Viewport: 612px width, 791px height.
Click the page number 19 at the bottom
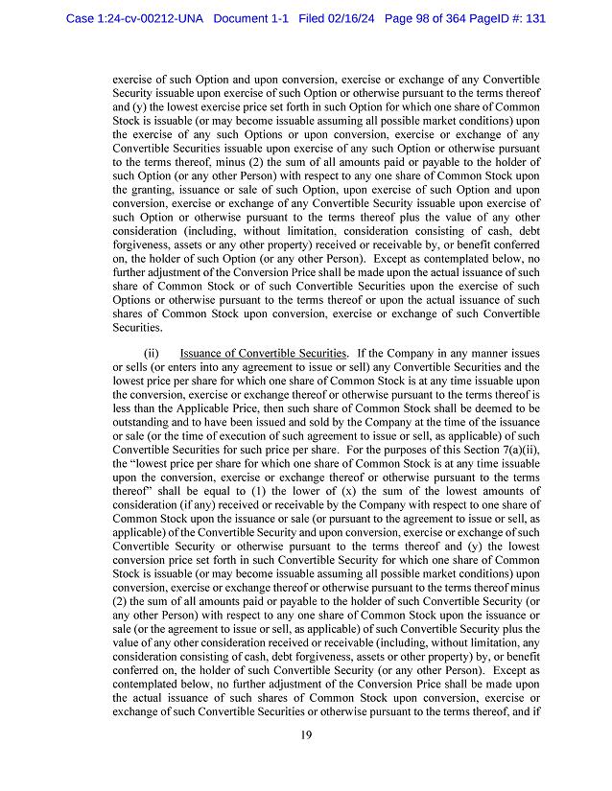click(x=305, y=735)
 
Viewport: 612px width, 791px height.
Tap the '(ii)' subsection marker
click(x=151, y=354)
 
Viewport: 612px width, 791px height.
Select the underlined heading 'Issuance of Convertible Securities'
click(x=263, y=354)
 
